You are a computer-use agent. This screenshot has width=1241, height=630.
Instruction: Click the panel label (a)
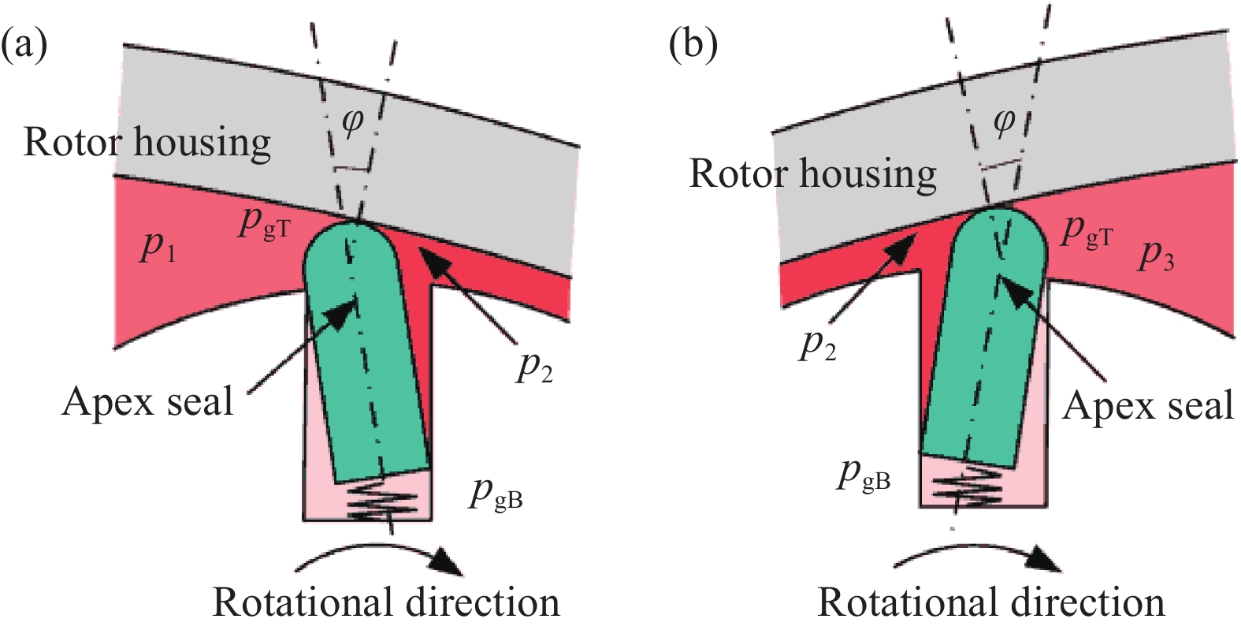(24, 45)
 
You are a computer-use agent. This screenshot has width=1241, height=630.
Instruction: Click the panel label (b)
(693, 45)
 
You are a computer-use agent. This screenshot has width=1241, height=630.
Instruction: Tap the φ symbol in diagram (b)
(1003, 122)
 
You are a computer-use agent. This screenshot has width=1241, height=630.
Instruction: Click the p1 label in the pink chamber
(158, 247)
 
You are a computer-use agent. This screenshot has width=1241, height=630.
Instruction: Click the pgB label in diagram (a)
(496, 494)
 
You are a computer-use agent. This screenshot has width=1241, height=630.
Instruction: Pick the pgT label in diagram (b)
(1087, 233)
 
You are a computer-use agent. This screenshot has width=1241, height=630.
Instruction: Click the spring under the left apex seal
(370, 501)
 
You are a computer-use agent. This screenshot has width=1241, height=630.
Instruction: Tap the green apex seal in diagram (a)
(366, 371)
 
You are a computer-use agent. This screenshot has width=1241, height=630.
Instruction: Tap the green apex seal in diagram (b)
(985, 347)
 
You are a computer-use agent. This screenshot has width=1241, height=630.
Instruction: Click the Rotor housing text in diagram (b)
(812, 173)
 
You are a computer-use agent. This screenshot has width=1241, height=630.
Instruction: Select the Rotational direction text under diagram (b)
(990, 602)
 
